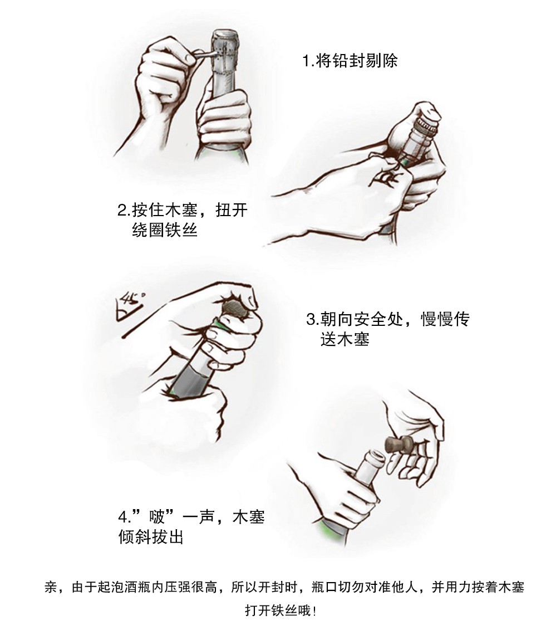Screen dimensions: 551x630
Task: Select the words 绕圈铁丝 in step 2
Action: (x=165, y=231)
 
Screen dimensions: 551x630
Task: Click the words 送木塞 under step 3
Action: (x=345, y=339)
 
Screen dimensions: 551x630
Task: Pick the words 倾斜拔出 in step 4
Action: (x=151, y=536)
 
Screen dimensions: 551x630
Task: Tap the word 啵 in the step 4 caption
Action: (x=157, y=517)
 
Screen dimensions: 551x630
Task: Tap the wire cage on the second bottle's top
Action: (x=425, y=128)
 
